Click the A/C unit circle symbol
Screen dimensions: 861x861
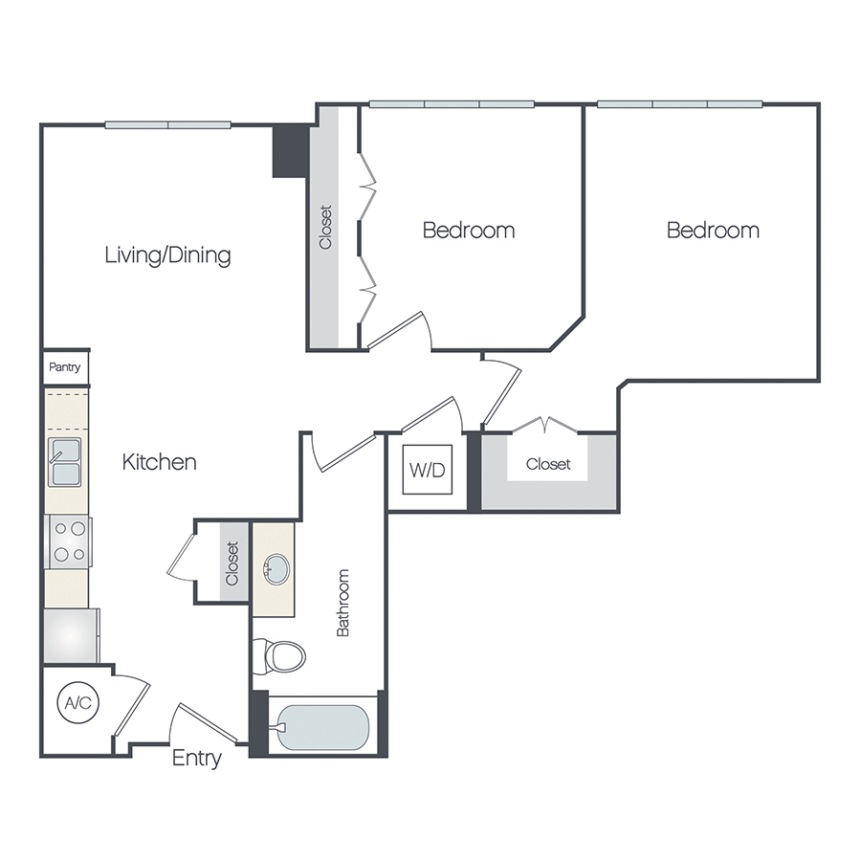77,703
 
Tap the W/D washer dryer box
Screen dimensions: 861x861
426,470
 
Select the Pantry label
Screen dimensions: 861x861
66,366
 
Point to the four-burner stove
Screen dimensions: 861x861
67,541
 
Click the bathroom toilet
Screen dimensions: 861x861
281,655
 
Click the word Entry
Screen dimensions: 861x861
196,759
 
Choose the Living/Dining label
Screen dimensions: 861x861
167,255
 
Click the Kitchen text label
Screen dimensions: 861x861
159,462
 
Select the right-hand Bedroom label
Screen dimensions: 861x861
713,230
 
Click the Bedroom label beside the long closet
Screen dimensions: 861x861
468,230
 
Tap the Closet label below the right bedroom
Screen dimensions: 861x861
548,464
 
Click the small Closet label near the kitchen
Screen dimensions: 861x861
232,563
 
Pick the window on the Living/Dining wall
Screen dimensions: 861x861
167,124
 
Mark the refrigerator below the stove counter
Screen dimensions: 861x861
69,635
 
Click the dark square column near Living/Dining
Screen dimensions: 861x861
290,150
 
